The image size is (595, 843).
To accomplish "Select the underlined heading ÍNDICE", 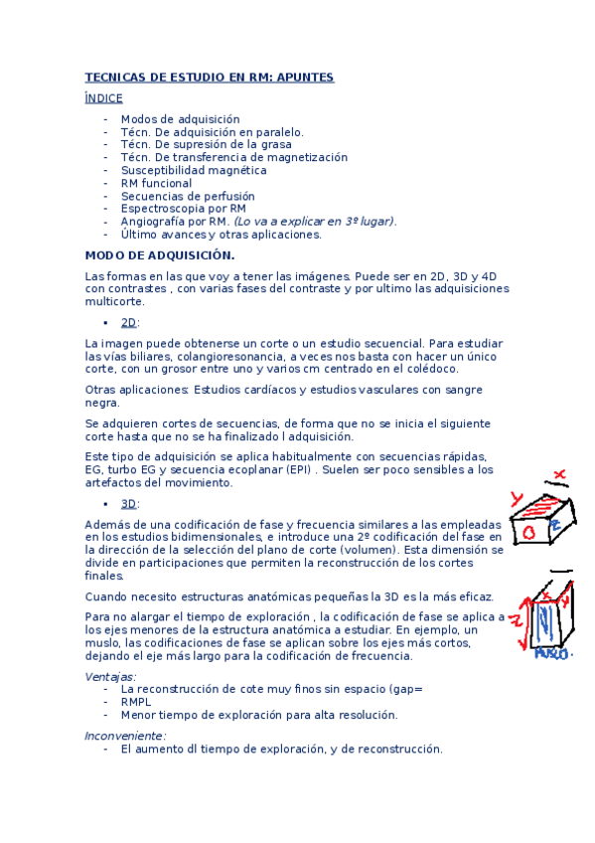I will [x=104, y=97].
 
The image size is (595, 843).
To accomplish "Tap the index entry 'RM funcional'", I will [x=156, y=183].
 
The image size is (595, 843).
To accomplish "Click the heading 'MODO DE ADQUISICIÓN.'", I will [x=159, y=255].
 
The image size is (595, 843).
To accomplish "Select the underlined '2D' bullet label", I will [x=128, y=323].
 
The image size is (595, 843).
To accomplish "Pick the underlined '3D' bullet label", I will [x=128, y=504].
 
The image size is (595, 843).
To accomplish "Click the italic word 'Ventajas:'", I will [x=110, y=676].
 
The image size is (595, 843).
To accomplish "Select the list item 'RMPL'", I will [x=136, y=701].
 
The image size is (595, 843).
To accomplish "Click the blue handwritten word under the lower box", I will [x=551, y=654].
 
